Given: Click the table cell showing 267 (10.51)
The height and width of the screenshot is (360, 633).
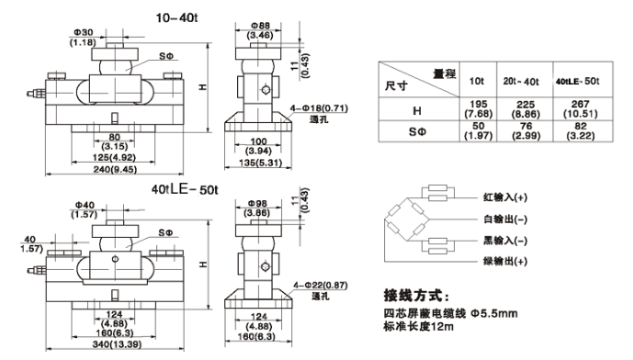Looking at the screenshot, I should tap(575, 109).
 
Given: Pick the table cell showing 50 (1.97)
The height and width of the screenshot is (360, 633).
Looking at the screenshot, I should tap(477, 131).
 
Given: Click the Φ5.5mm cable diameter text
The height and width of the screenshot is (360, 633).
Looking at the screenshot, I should tap(492, 314).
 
